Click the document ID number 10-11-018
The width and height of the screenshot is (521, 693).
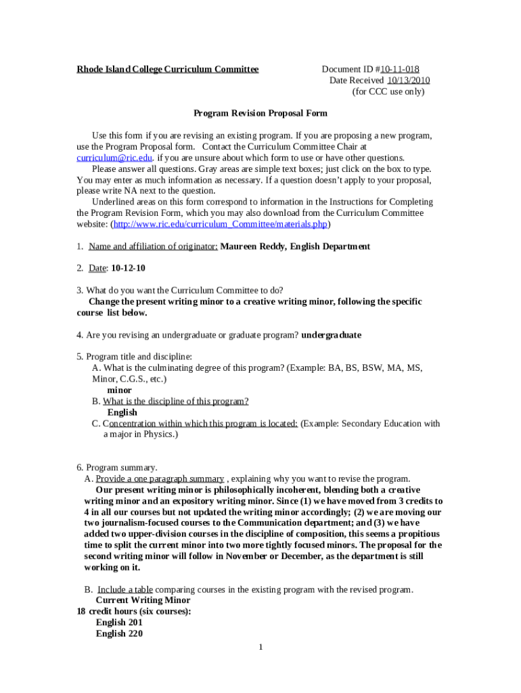coord(404,69)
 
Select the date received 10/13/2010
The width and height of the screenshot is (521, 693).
coord(408,81)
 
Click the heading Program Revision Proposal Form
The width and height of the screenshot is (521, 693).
coord(260,114)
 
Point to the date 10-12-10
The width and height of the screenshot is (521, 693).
coord(128,268)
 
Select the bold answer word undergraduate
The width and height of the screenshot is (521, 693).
coord(331,334)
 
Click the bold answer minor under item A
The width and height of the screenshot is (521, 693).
coord(120,390)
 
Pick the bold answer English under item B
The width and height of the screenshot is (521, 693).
coord(122,412)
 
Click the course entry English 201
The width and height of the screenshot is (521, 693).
coord(119,623)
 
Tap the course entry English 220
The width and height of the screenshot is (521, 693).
coord(119,633)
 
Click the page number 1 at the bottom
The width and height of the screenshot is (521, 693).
coord(260,648)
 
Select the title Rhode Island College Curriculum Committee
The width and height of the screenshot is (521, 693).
coord(167,69)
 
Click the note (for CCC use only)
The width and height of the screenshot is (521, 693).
coord(388,91)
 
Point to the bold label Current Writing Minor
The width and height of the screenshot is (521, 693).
coord(143,600)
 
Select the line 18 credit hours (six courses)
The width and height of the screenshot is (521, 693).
coord(134,611)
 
